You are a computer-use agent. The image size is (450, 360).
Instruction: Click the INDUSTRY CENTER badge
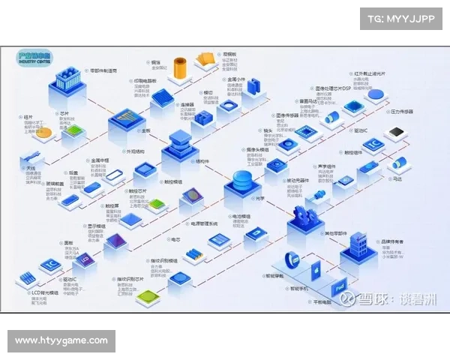(36, 58)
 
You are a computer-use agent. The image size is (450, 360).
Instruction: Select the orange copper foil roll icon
(180, 70)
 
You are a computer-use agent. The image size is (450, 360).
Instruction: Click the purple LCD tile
(85, 259)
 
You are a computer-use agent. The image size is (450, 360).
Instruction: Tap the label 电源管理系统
(203, 223)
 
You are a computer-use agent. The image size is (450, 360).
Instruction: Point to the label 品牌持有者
(393, 241)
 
